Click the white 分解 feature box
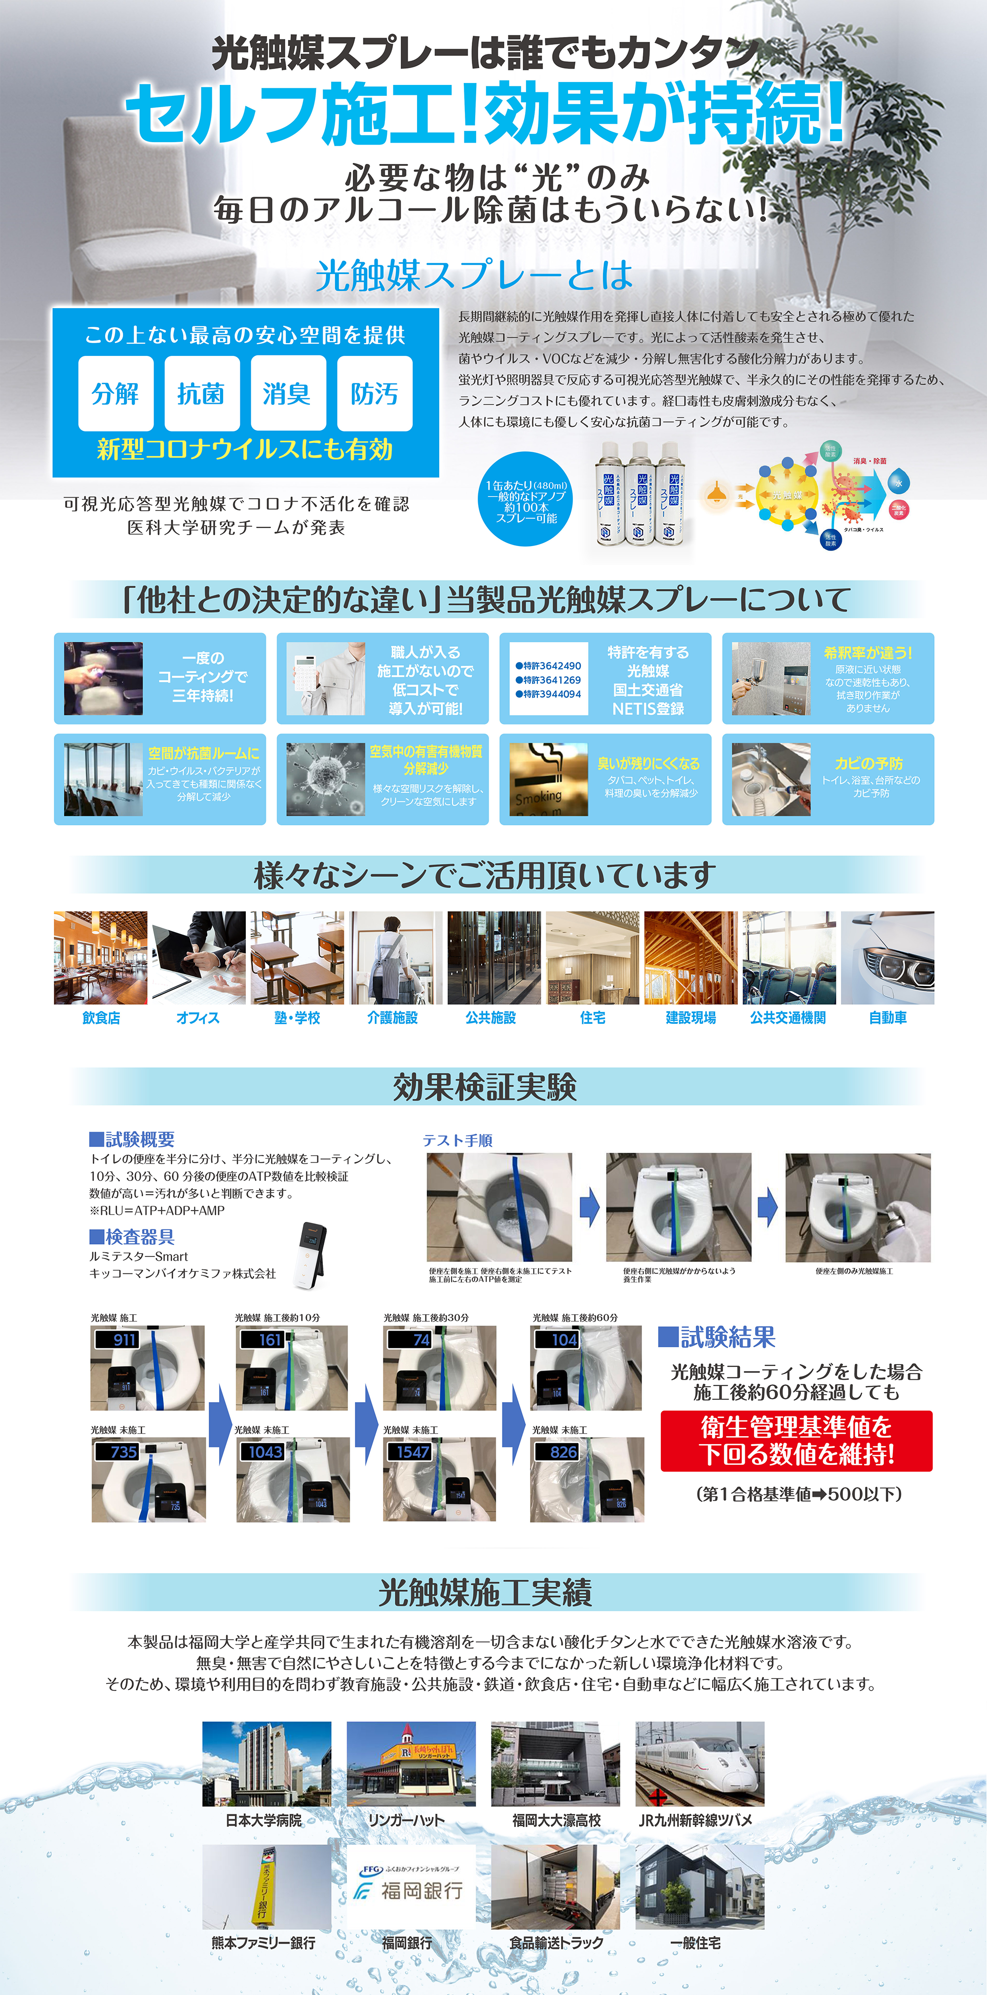coord(115,393)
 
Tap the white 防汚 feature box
coord(375,393)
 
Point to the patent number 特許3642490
coord(548,665)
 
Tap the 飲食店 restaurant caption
coord(101,1017)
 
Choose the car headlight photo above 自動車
coord(887,958)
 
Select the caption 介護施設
coord(392,1017)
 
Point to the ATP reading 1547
coord(413,1452)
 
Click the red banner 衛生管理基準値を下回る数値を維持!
coord(796,1441)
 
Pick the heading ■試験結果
coord(717,1337)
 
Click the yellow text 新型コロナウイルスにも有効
coord(245,449)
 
